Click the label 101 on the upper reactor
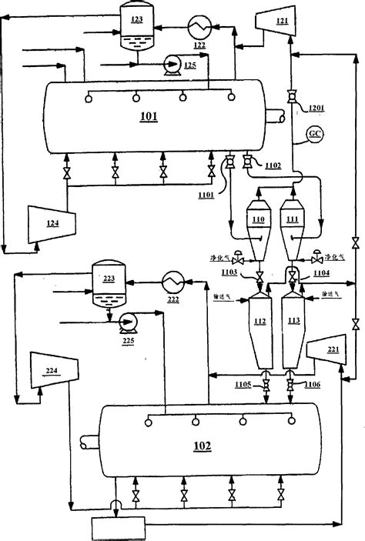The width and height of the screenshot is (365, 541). (149, 118)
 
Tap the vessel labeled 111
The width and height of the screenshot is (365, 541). (292, 222)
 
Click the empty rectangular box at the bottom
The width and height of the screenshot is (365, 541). (116, 527)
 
